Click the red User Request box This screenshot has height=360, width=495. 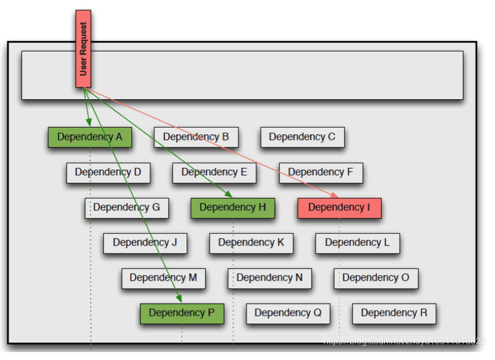pyautogui.click(x=83, y=49)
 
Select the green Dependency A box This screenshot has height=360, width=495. pyautogui.click(x=89, y=137)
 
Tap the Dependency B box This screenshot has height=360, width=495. pyautogui.click(x=196, y=137)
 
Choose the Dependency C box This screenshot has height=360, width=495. pyautogui.click(x=302, y=137)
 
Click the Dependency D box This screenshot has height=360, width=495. pyautogui.click(x=108, y=172)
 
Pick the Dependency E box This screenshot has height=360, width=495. pyautogui.click(x=214, y=172)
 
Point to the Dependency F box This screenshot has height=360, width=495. pyautogui.click(x=321, y=172)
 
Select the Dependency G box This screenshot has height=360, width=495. pyautogui.click(x=127, y=207)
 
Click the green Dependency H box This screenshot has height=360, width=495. pyautogui.click(x=233, y=207)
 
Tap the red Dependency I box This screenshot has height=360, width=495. pyautogui.click(x=339, y=207)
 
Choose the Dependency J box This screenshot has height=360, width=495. pyautogui.click(x=145, y=243)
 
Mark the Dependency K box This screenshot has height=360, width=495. pyautogui.click(x=251, y=243)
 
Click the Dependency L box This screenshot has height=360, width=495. pyautogui.click(x=357, y=243)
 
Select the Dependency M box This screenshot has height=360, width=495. pyautogui.click(x=163, y=278)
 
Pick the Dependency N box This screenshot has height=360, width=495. pyautogui.click(x=270, y=278)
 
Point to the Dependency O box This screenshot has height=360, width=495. pyautogui.click(x=375, y=278)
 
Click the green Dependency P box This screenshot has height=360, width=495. pyautogui.click(x=182, y=313)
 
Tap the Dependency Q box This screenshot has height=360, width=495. pyautogui.click(x=288, y=313)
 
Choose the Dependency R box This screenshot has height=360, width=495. pyautogui.click(x=394, y=313)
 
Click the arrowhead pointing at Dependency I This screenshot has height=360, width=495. pyautogui.click(x=335, y=195)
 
